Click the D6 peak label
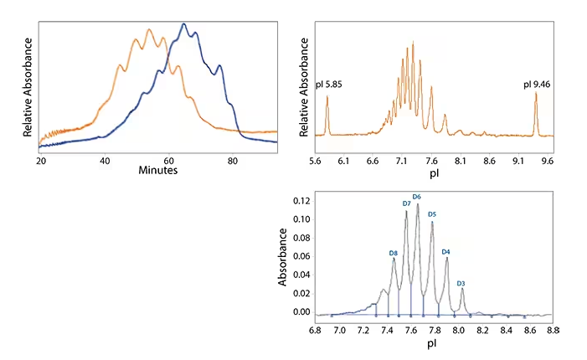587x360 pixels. pyautogui.click(x=417, y=197)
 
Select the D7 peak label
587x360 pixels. pyautogui.click(x=406, y=203)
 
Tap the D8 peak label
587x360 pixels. pyautogui.click(x=393, y=252)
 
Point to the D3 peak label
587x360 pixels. pyautogui.click(x=461, y=283)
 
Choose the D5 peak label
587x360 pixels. pyautogui.click(x=432, y=214)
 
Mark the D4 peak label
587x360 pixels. pyautogui.click(x=445, y=251)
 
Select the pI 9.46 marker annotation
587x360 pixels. pyautogui.click(x=536, y=84)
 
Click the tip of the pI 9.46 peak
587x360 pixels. pyautogui.click(x=536, y=93)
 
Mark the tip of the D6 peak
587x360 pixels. pyautogui.click(x=417, y=203)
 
